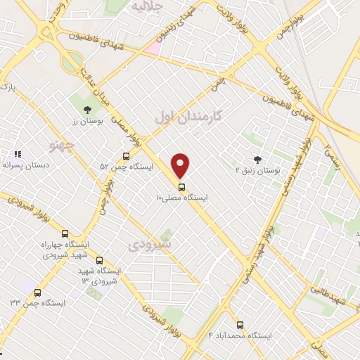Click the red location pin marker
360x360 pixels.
point(181,165)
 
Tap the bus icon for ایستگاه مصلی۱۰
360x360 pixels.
point(182,187)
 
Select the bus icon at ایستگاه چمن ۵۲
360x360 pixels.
point(127,156)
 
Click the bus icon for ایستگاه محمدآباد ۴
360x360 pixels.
point(240,326)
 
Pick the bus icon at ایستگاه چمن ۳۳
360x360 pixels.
point(37,292)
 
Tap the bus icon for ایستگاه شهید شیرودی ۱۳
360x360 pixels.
point(98,259)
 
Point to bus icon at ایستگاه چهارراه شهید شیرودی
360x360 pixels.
point(65,233)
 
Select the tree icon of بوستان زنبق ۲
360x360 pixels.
point(257,160)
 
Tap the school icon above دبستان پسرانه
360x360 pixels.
point(18,153)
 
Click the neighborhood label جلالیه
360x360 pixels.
point(147,7)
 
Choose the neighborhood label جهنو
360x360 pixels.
point(63,146)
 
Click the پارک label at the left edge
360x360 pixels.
point(7,87)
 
